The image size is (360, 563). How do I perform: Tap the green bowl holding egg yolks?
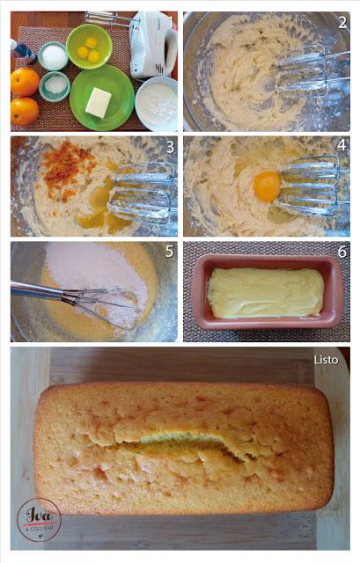click(89, 47)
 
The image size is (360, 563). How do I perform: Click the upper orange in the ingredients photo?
click(25, 82)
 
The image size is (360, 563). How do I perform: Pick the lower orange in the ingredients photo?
click(24, 111)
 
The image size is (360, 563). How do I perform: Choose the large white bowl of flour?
click(157, 102)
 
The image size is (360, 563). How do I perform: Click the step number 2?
click(342, 22)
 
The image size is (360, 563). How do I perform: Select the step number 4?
click(342, 145)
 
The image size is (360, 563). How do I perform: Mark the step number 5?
click(168, 252)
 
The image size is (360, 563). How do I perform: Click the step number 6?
click(342, 252)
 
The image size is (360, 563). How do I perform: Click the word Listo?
click(326, 359)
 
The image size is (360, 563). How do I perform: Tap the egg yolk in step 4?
click(267, 186)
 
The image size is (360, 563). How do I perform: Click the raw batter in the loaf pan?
click(264, 293)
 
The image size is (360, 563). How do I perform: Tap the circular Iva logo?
click(39, 519)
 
